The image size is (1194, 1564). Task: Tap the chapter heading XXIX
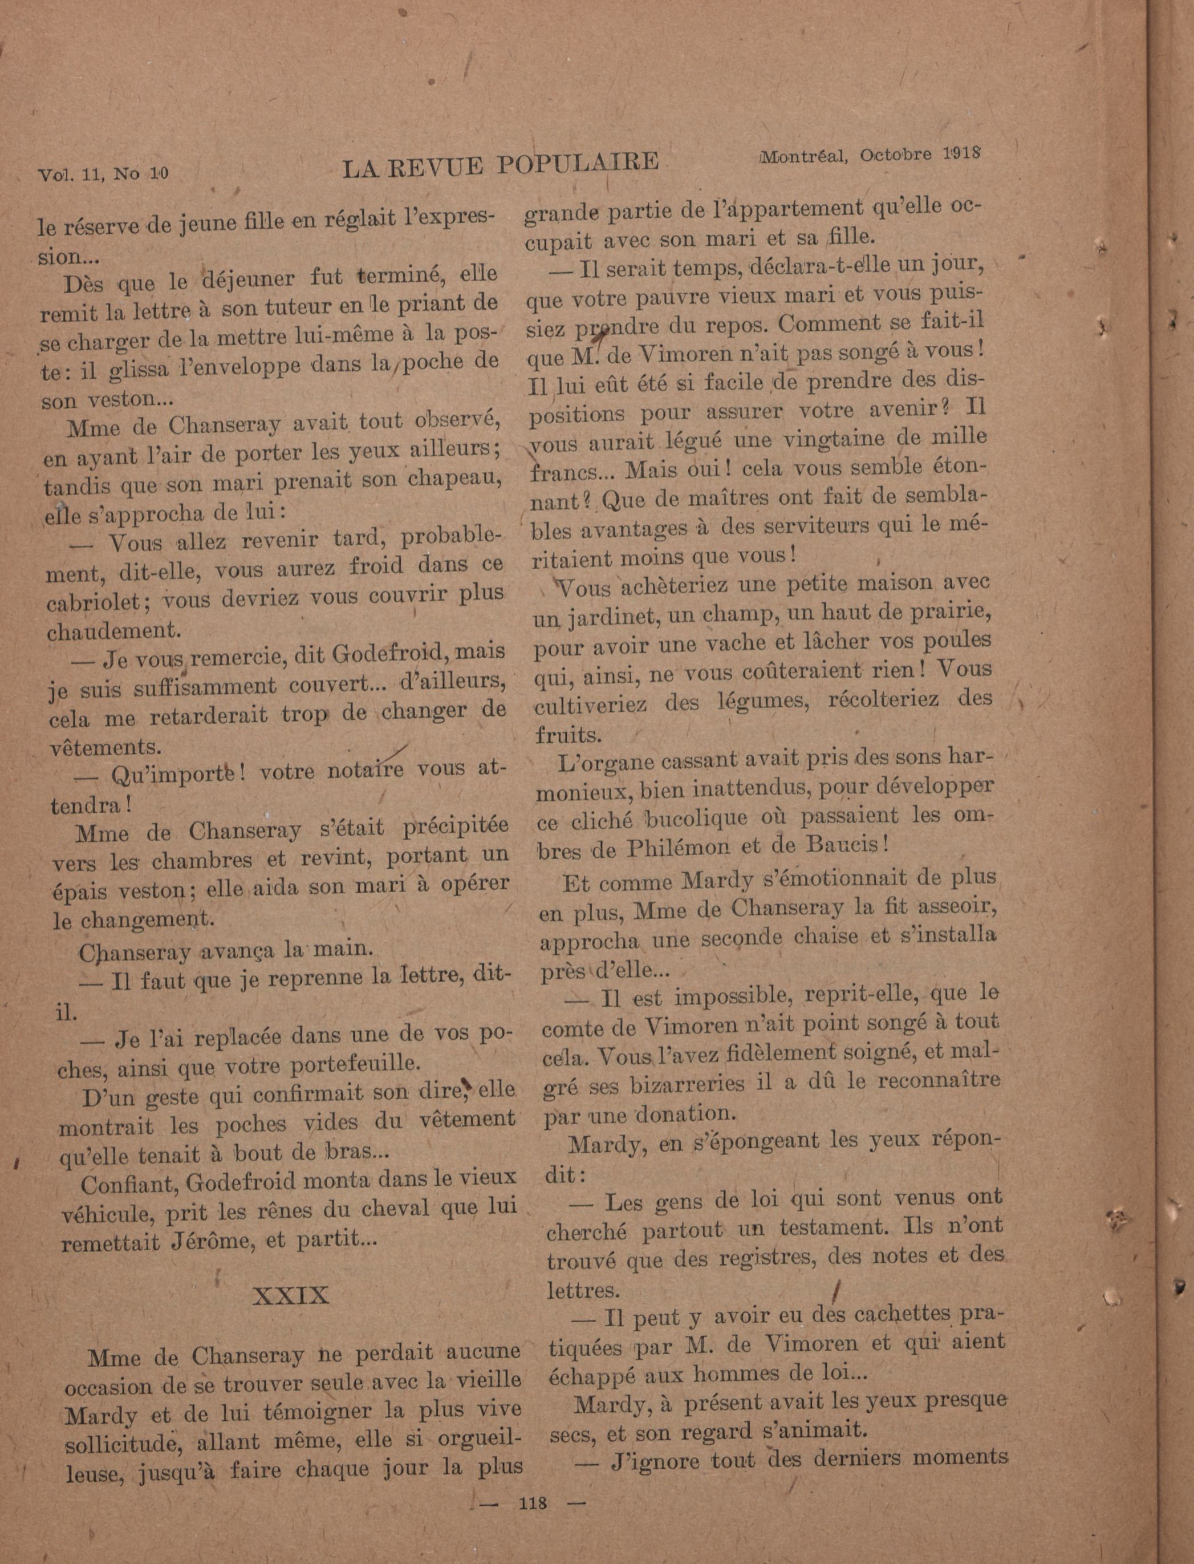[x=291, y=1295]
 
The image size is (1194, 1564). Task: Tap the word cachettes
[x=903, y=1314]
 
